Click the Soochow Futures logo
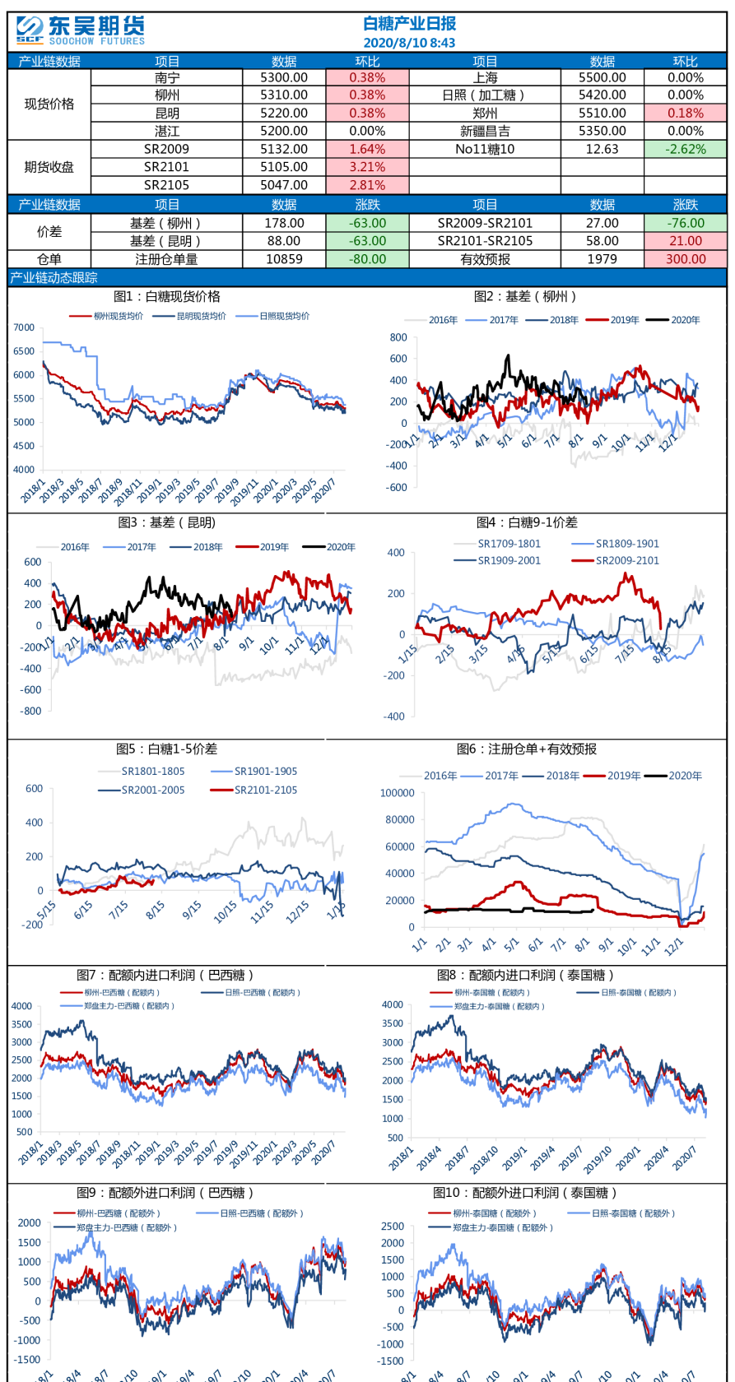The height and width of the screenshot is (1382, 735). pos(80,31)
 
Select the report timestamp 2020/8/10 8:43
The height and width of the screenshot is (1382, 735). pos(409,43)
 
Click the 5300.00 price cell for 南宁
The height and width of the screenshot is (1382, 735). pos(284,77)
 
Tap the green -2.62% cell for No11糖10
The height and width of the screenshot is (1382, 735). pos(686,149)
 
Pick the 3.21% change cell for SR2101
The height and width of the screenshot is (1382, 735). pos(367,167)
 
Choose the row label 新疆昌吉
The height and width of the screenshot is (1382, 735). pos(485,131)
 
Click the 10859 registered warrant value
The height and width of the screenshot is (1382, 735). pos(284,259)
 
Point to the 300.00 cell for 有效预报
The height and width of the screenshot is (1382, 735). pos(686,259)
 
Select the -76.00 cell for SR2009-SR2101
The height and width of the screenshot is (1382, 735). pos(686,223)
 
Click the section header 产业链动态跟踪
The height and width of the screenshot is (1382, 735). pos(53,278)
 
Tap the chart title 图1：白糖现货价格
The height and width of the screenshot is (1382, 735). pos(167,297)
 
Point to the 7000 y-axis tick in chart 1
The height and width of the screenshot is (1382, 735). pos(24,327)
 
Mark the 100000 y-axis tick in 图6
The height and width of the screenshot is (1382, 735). pos(397,793)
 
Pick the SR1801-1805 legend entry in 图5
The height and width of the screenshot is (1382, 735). pos(153,772)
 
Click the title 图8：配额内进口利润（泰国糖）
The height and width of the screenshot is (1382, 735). pos(526,976)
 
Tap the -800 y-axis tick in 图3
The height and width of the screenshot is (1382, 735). pos(32,711)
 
